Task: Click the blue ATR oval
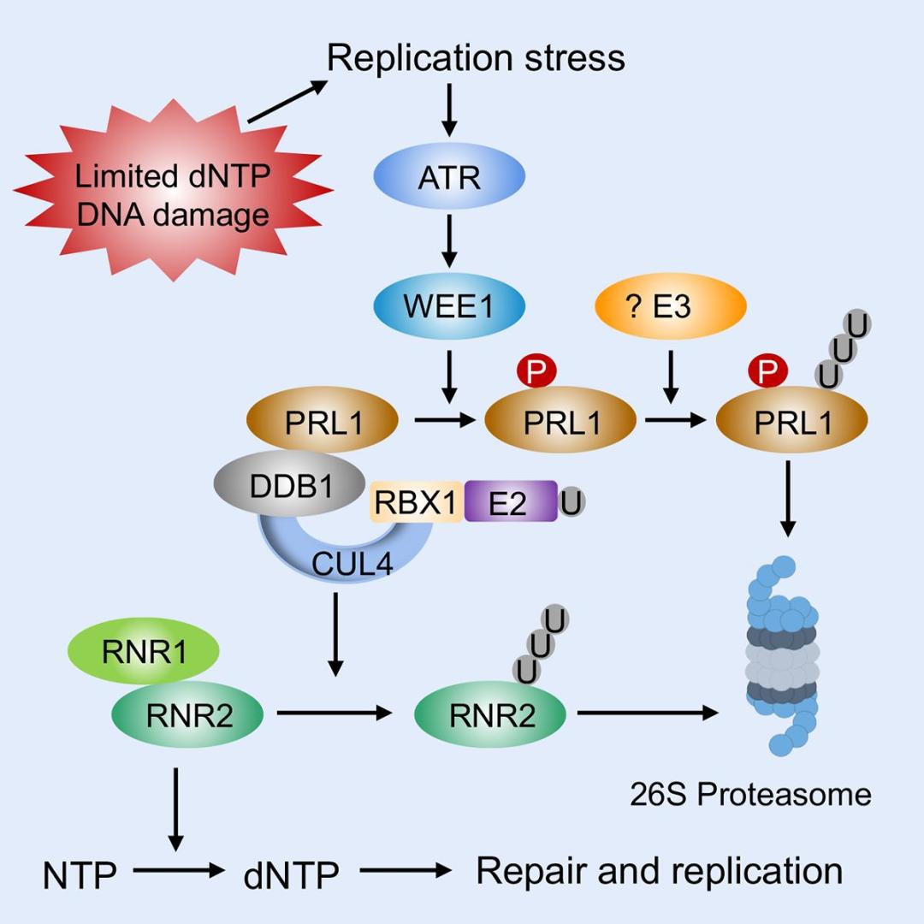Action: [x=449, y=178]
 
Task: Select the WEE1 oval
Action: [x=449, y=306]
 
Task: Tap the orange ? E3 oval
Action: [x=671, y=306]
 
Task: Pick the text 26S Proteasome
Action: [x=750, y=795]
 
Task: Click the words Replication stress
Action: [x=476, y=58]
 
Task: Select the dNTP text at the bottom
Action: [x=291, y=874]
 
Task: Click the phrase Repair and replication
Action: [x=659, y=871]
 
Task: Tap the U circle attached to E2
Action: [x=572, y=502]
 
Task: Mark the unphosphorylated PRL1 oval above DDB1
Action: [x=323, y=421]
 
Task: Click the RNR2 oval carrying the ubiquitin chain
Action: [x=489, y=715]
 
